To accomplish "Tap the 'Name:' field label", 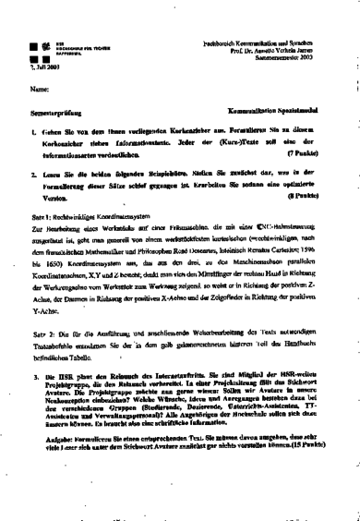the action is pyautogui.click(x=37, y=90).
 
